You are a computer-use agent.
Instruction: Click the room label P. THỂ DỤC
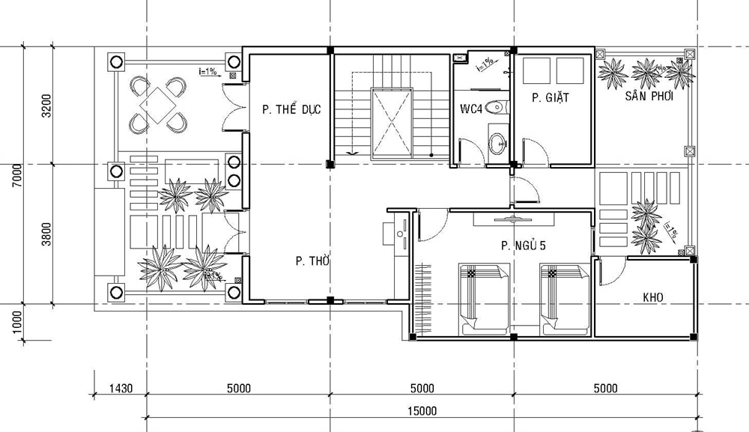(291, 109)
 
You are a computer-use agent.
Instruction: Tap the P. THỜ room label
(312, 261)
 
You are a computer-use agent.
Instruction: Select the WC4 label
(471, 109)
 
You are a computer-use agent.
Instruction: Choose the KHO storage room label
(652, 297)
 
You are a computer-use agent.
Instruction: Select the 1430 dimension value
(120, 388)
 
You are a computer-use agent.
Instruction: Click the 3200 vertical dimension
(46, 106)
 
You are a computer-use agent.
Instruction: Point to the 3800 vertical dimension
(46, 234)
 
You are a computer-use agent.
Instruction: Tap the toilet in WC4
(494, 108)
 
